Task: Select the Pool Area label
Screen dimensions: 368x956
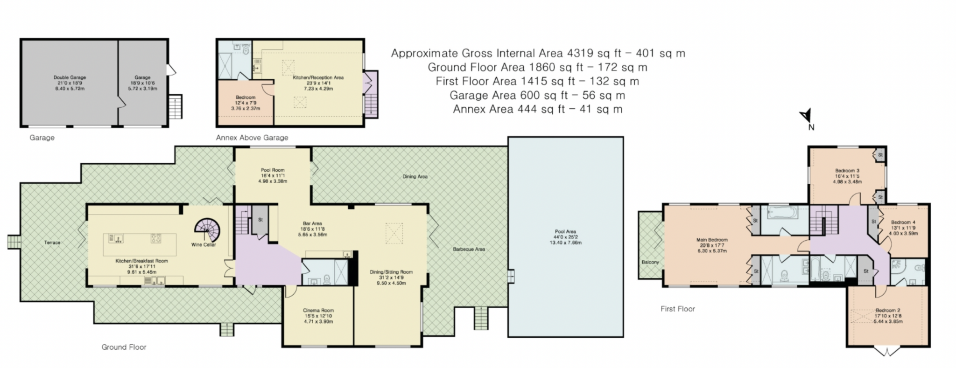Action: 565,231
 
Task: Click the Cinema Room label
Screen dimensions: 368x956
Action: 318,310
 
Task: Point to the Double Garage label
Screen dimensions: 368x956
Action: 70,77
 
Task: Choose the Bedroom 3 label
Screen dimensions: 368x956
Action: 847,171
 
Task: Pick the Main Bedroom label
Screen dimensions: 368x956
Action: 712,240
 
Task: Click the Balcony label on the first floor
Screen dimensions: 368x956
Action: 650,262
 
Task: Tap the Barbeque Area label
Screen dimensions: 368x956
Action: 469,249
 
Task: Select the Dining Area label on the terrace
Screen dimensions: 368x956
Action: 415,177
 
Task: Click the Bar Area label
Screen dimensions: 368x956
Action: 312,223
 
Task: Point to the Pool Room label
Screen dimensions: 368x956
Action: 273,170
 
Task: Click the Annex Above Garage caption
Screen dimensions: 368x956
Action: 252,138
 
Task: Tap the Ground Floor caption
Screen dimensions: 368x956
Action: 124,347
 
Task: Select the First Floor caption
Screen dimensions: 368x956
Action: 678,309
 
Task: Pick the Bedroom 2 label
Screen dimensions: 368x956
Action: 888,310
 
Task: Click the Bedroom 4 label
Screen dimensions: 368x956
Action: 903,222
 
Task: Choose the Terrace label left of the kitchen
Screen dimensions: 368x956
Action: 52,243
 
